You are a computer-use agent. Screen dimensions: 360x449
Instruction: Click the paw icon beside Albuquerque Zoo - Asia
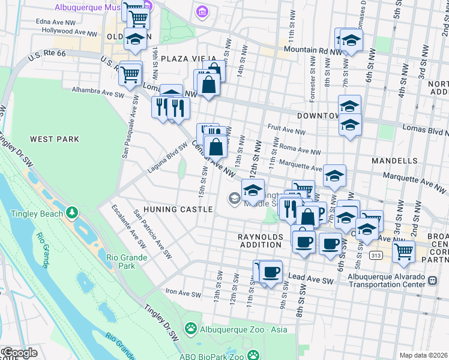191,329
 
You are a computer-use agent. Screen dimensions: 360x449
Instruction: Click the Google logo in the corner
19,353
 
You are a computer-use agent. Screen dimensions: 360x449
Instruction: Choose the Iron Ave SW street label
183,294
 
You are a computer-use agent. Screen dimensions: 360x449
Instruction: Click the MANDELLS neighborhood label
394,161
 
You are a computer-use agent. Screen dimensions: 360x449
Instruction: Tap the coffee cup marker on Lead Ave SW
271,272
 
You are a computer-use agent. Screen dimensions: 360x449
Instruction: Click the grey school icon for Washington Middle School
233,197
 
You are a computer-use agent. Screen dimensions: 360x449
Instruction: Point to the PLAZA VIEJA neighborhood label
184,58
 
